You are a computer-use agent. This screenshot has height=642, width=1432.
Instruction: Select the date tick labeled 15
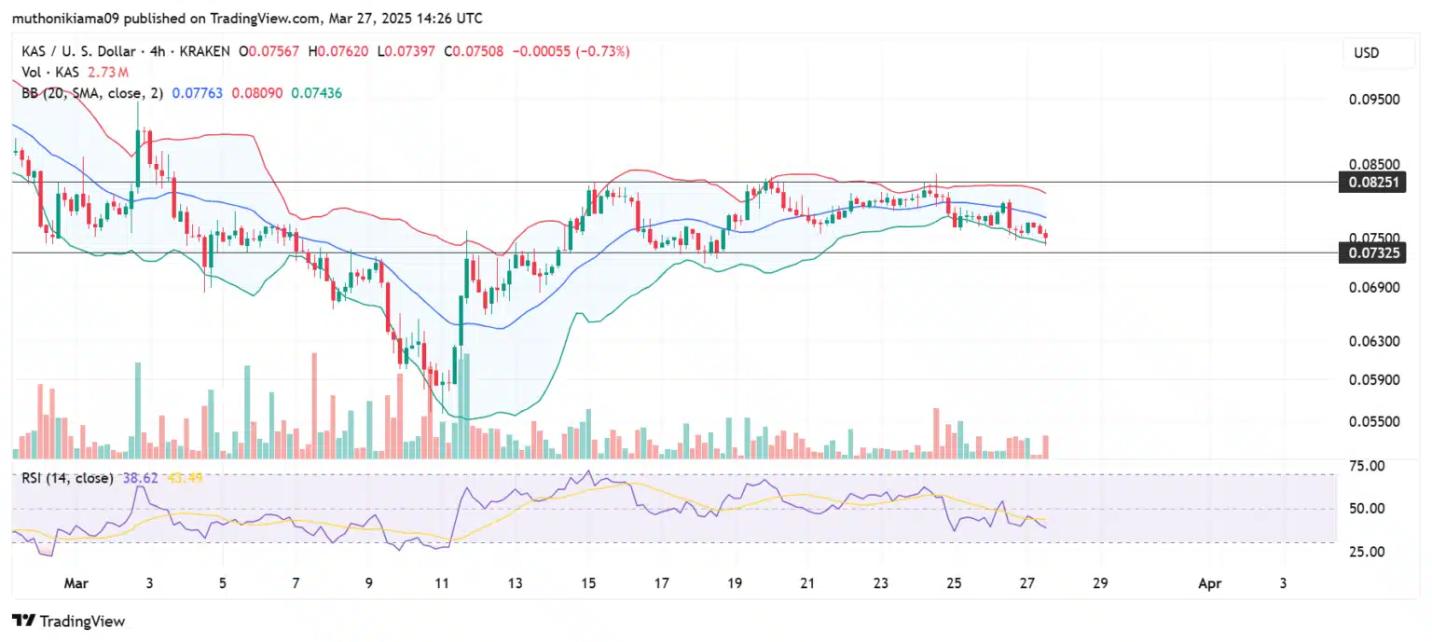coord(588,583)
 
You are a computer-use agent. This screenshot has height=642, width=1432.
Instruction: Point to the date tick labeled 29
coord(1100,583)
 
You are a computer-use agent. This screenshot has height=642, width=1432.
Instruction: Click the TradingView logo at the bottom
coord(68,621)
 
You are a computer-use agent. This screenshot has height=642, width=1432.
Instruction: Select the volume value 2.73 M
coord(107,72)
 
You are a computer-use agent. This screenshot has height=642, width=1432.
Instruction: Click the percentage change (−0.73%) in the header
coord(603,51)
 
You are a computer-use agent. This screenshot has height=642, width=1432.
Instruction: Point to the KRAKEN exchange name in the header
coord(209,51)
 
